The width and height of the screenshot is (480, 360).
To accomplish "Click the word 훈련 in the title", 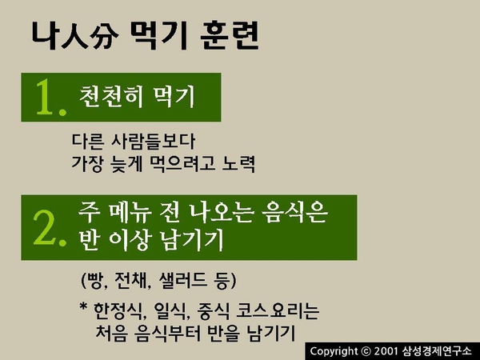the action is [230, 35].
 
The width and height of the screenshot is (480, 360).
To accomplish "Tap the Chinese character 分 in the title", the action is [104, 39].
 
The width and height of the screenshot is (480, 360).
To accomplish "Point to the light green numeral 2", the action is [50, 228].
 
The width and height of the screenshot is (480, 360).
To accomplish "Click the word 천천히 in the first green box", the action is [111, 97].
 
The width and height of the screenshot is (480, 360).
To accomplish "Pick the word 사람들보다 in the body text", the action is [153, 141].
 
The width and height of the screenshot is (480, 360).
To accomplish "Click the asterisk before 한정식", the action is [83, 306].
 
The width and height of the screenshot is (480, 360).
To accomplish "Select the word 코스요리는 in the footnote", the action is [278, 311].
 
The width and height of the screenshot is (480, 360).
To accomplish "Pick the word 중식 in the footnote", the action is [214, 311].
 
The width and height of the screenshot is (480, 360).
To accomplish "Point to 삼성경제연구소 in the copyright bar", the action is [437, 351].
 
